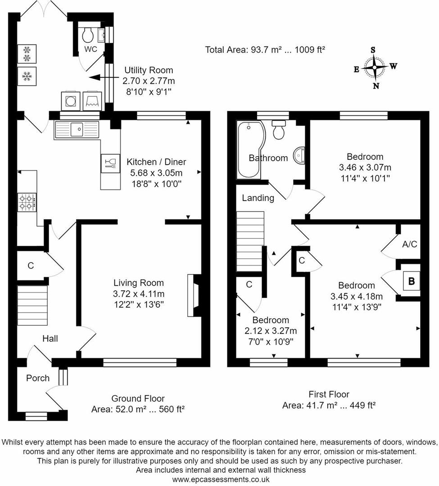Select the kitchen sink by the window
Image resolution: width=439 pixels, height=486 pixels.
(x=76, y=130)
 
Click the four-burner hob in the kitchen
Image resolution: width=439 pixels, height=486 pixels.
(x=27, y=201)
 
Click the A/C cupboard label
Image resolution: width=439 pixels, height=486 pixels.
(x=409, y=244)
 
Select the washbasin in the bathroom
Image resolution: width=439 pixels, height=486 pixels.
(x=299, y=155)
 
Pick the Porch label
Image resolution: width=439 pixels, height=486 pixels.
(x=38, y=378)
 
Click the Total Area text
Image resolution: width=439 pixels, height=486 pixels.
(x=265, y=50)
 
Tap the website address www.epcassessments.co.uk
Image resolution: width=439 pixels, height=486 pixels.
(x=221, y=479)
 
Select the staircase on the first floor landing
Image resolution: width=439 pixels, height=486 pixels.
(x=250, y=238)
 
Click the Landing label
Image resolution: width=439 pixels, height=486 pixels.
(x=258, y=198)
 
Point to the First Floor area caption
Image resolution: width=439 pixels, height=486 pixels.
(x=329, y=400)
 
